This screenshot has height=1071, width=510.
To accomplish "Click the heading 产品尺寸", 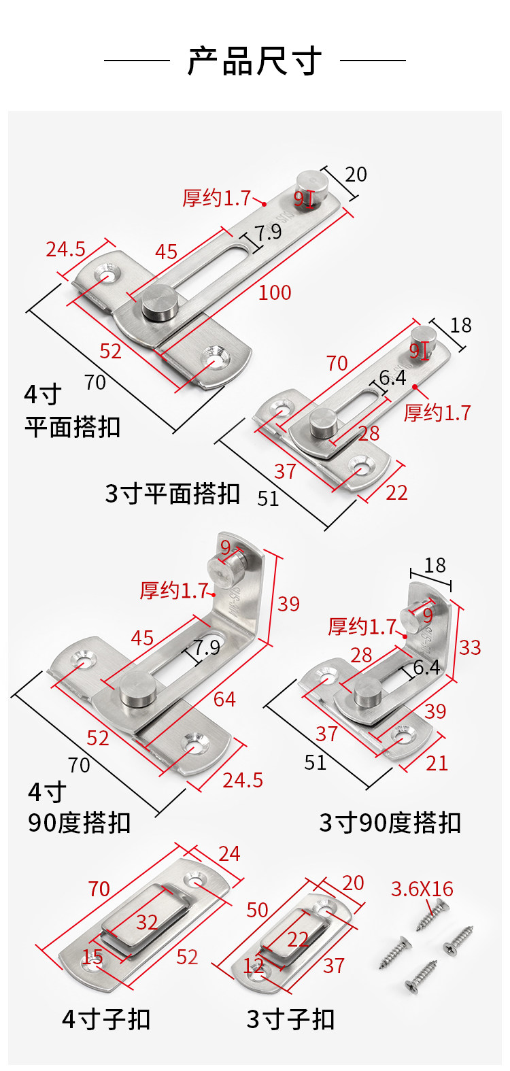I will [254, 61].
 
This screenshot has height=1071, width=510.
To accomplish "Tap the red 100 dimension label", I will [275, 292].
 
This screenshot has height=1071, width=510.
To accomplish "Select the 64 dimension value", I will [224, 698].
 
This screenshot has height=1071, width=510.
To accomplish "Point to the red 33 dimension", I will [470, 647].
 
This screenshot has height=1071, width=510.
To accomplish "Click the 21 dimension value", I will [437, 763].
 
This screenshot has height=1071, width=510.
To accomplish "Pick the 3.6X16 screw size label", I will [422, 889].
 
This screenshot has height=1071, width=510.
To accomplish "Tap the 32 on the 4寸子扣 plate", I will [147, 922].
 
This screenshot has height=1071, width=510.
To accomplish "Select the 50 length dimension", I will [257, 910].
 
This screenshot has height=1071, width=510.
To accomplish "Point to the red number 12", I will [254, 964].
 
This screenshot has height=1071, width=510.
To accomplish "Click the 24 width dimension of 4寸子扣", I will [229, 853].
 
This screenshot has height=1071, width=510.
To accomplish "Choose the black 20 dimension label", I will [356, 175].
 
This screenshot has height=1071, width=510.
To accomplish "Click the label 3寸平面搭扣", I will [172, 494].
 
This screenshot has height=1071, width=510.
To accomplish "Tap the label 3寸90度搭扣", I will [390, 823].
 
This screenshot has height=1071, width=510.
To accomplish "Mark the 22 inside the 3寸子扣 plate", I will [298, 939].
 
